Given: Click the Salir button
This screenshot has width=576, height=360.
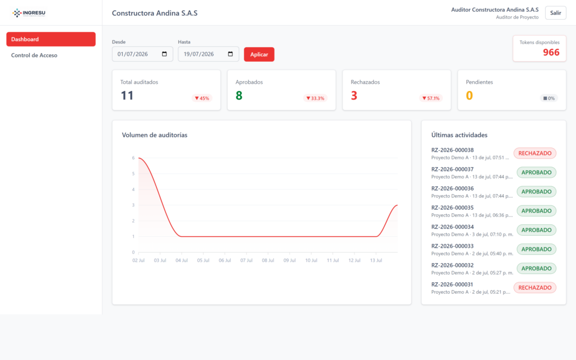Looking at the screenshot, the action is coord(555,13).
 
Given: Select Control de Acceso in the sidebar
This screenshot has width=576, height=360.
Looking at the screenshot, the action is coord(34,56).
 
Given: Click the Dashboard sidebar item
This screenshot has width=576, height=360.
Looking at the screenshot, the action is coord(51,39).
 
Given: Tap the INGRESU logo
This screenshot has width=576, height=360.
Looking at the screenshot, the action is coord(29,13).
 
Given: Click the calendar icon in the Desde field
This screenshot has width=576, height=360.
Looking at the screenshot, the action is coord(164,54).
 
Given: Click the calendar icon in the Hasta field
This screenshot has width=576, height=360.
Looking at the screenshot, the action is coord(230,54).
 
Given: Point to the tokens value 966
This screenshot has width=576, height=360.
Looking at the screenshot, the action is coord(551,52).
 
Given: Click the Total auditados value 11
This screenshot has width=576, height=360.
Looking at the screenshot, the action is coord(127,96).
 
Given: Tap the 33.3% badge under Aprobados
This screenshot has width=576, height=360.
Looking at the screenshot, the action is coord(315,98).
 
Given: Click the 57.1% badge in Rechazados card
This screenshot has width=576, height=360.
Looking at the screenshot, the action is coord(430,98).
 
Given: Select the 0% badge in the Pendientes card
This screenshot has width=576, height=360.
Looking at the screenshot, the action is coord(549,98).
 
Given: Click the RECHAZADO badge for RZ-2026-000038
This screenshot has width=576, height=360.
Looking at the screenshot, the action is coord(535,153).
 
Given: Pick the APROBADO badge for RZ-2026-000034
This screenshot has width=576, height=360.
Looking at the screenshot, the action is coord(536,230).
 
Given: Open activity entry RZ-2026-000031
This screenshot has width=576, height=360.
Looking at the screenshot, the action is coord(452,284).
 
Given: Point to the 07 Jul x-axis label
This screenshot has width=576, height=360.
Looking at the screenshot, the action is coord(246,260).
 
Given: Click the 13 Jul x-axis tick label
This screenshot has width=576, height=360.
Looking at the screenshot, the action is coord(376,260).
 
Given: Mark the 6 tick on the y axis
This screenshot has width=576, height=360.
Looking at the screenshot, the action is coord(133,158).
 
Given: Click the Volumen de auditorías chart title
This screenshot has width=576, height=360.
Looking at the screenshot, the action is coord(155,135).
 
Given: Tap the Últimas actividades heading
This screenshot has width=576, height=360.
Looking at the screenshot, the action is coord(459,135).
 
